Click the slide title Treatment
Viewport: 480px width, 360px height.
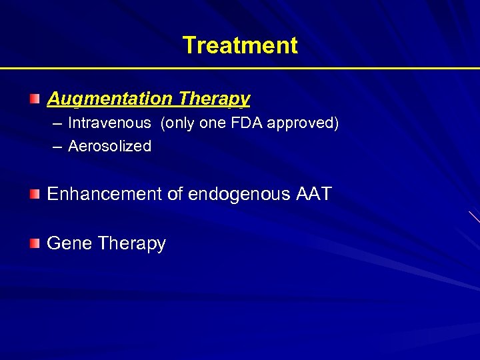[x=240, y=45]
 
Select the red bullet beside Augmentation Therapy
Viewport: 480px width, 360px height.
[x=35, y=99]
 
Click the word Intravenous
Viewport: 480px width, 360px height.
[x=109, y=123]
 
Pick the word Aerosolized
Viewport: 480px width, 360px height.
[x=109, y=146]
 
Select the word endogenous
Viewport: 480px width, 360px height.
[x=237, y=195]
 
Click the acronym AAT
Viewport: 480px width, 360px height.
[x=311, y=195]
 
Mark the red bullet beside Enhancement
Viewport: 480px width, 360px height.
[x=35, y=195]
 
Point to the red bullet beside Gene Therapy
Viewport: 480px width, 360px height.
[x=35, y=243]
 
